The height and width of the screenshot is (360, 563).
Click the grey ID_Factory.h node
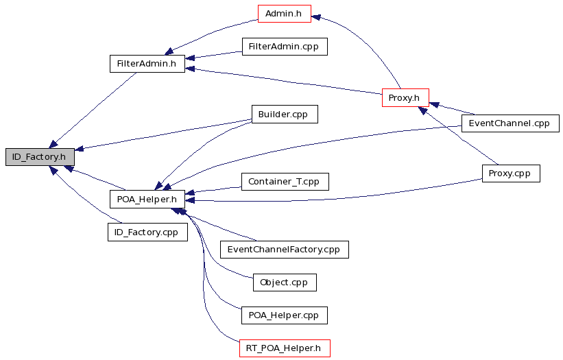click(x=40, y=157)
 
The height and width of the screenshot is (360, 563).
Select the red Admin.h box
click(x=285, y=14)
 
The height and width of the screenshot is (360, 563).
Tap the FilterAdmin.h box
click(x=147, y=64)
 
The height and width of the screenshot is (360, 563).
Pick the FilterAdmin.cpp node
click(x=285, y=47)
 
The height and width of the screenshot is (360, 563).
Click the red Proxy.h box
click(x=405, y=97)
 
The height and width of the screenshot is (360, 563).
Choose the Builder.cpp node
click(x=285, y=114)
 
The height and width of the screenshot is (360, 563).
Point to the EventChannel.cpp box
click(x=510, y=123)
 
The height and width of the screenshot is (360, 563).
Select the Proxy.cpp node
click(x=511, y=173)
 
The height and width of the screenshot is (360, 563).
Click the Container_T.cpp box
click(x=285, y=182)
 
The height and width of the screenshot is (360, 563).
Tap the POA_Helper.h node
click(x=147, y=200)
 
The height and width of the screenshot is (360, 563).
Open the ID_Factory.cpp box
click(x=147, y=232)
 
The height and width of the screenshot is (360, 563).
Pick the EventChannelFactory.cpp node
click(x=285, y=250)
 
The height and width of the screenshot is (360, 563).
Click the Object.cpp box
click(x=285, y=283)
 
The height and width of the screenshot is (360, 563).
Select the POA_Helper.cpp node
click(x=285, y=315)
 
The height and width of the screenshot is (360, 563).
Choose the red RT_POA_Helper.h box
click(x=285, y=348)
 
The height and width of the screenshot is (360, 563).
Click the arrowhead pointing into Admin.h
click(x=316, y=17)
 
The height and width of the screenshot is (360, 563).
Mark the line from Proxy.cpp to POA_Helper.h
click(x=334, y=197)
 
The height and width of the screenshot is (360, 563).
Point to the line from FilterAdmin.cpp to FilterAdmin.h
click(x=214, y=55)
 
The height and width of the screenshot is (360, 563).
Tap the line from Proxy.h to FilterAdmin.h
click(x=284, y=81)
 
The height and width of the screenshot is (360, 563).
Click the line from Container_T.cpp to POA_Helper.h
click(x=213, y=190)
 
